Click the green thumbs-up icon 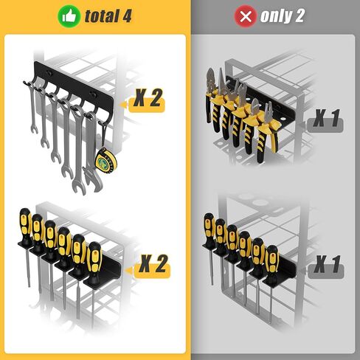pos(69,15)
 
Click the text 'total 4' pos(108,16)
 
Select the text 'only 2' pos(282,16)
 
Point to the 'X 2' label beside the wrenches pos(149,100)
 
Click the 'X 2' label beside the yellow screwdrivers pos(153,263)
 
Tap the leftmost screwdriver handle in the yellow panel pos(24,224)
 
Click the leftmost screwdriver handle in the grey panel pos(210,226)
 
